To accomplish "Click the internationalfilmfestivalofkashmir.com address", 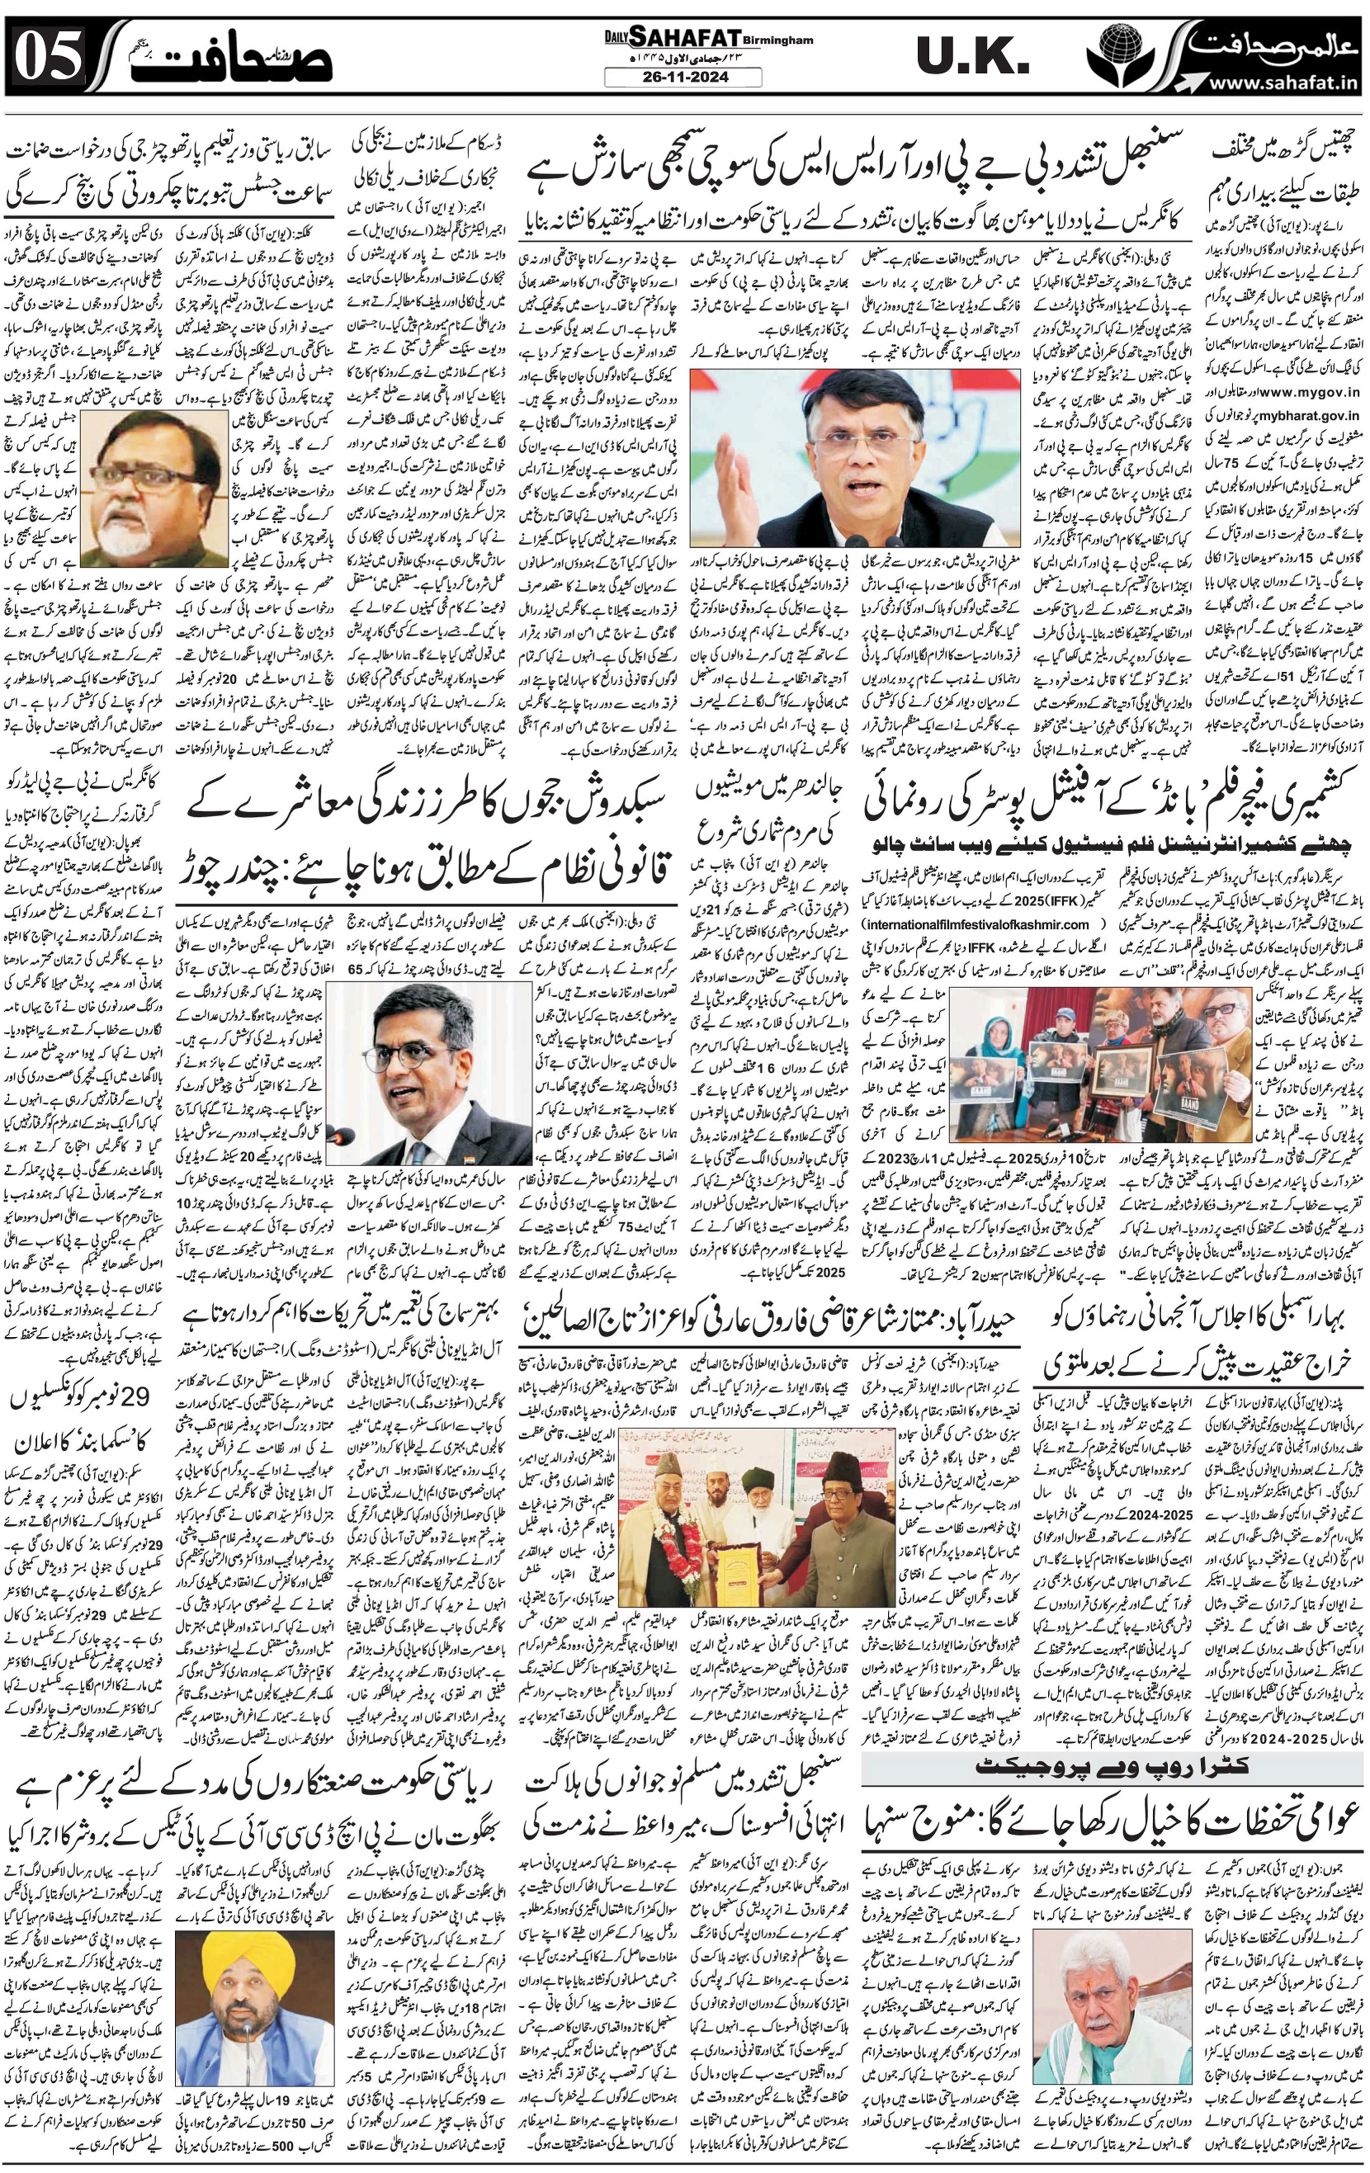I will tap(975, 924).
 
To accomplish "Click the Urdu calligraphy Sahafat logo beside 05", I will tap(243, 57).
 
